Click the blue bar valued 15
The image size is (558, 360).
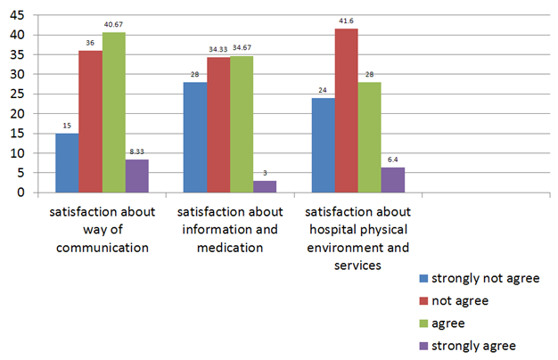(67, 163)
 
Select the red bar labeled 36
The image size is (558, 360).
(90, 122)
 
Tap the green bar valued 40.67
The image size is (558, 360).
(113, 112)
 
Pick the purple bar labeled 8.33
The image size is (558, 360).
(136, 176)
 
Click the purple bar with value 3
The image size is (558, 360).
(265, 187)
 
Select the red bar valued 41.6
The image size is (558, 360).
(346, 110)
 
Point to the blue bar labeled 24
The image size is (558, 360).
(323, 145)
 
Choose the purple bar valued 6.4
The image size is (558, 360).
(392, 180)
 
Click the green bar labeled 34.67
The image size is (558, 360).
(242, 125)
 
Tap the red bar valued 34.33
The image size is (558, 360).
(218, 126)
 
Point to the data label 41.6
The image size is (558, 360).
(346, 21)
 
